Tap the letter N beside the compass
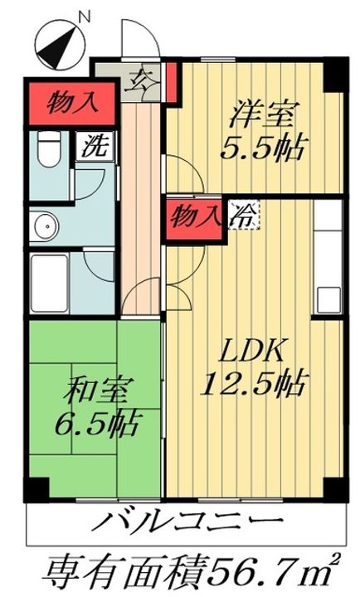[x=82, y=14]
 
